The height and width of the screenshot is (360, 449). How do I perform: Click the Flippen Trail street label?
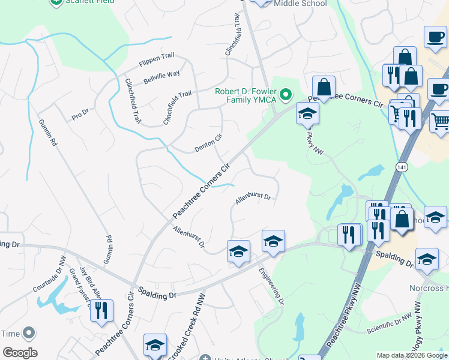click(155, 56)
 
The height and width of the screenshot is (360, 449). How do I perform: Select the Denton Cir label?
click(208, 142)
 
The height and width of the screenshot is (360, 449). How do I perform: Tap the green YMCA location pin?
click(287, 94)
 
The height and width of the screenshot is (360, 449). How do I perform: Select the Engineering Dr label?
click(271, 286)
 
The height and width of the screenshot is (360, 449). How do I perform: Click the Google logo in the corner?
click(19, 353)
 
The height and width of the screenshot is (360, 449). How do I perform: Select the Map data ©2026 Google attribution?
click(412, 355)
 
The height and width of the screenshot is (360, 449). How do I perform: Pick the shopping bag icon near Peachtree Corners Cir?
click(324, 88)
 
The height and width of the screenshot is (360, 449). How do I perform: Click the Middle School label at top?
click(300, 4)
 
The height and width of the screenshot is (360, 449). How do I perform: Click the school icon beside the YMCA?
click(307, 114)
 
